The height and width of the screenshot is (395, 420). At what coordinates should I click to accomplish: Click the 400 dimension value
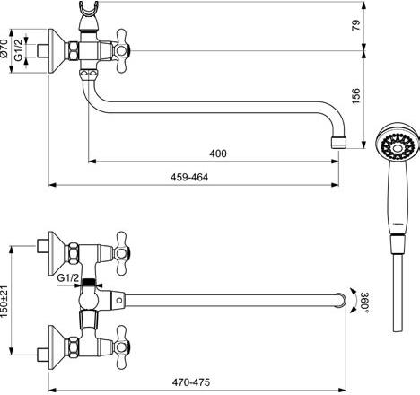click(218, 154)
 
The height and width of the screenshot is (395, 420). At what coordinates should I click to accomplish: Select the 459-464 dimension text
click(189, 177)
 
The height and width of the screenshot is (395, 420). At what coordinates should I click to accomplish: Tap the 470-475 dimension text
click(191, 382)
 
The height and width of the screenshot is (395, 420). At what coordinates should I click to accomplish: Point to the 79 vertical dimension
click(356, 25)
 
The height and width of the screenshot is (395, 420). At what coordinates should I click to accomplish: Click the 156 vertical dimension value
click(356, 96)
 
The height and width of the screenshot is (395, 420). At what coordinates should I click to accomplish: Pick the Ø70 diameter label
click(4, 48)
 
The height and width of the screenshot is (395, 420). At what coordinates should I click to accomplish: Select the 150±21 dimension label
click(4, 302)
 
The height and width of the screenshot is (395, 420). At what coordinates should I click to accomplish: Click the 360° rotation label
click(364, 302)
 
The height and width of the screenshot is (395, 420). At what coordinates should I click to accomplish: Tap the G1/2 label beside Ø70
click(19, 50)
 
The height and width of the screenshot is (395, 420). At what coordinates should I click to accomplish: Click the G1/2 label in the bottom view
click(68, 278)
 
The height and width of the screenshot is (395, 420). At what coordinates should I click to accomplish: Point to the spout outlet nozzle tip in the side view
click(338, 143)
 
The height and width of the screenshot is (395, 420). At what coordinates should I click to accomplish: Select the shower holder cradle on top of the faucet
click(89, 9)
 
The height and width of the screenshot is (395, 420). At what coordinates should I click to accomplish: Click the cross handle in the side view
click(121, 51)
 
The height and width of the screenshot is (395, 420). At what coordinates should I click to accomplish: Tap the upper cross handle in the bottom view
click(121, 253)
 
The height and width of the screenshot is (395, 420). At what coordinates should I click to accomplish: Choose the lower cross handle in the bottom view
click(121, 347)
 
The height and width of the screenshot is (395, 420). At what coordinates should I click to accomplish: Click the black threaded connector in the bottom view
click(88, 281)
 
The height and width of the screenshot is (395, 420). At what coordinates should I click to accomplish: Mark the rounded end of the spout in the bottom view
click(341, 300)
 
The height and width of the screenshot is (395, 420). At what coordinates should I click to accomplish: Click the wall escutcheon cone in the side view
click(57, 51)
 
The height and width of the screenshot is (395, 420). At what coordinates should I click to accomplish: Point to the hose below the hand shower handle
click(398, 293)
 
